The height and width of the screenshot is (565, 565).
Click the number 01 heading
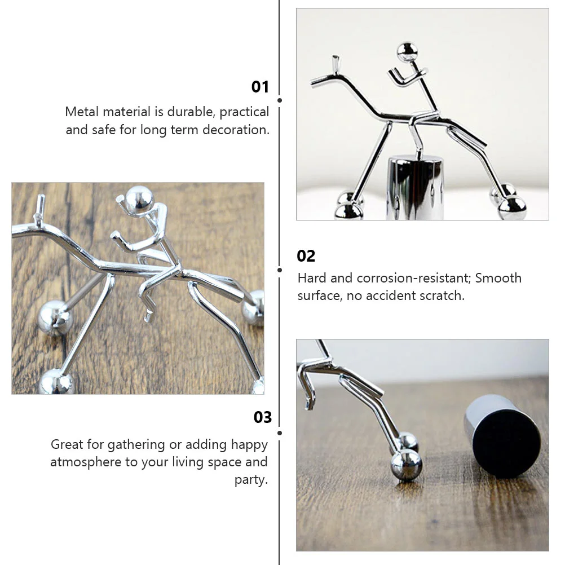pyautogui.click(x=260, y=87)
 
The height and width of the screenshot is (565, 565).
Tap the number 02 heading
pyautogui.click(x=306, y=256)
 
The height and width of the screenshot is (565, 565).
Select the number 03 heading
pyautogui.click(x=263, y=417)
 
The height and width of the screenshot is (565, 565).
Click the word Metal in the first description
pyautogui.click(x=82, y=112)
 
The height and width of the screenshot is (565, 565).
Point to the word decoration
pyautogui.click(x=236, y=130)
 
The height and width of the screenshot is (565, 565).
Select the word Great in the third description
pyautogui.click(x=67, y=445)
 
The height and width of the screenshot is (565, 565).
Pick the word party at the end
pyautogui.click(x=251, y=480)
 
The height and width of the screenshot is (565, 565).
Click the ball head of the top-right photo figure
pyautogui.click(x=407, y=51)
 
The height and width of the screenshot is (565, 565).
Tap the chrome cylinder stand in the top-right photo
pyautogui.click(x=415, y=187)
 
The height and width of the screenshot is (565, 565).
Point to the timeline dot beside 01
pyautogui.click(x=280, y=100)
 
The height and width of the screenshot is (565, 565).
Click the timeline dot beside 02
pyautogui.click(x=280, y=270)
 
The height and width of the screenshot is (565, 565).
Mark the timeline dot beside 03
pyautogui.click(x=280, y=432)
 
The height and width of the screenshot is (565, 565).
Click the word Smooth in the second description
pyautogui.click(x=498, y=278)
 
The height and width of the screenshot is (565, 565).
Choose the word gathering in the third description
pyautogui.click(x=136, y=445)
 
